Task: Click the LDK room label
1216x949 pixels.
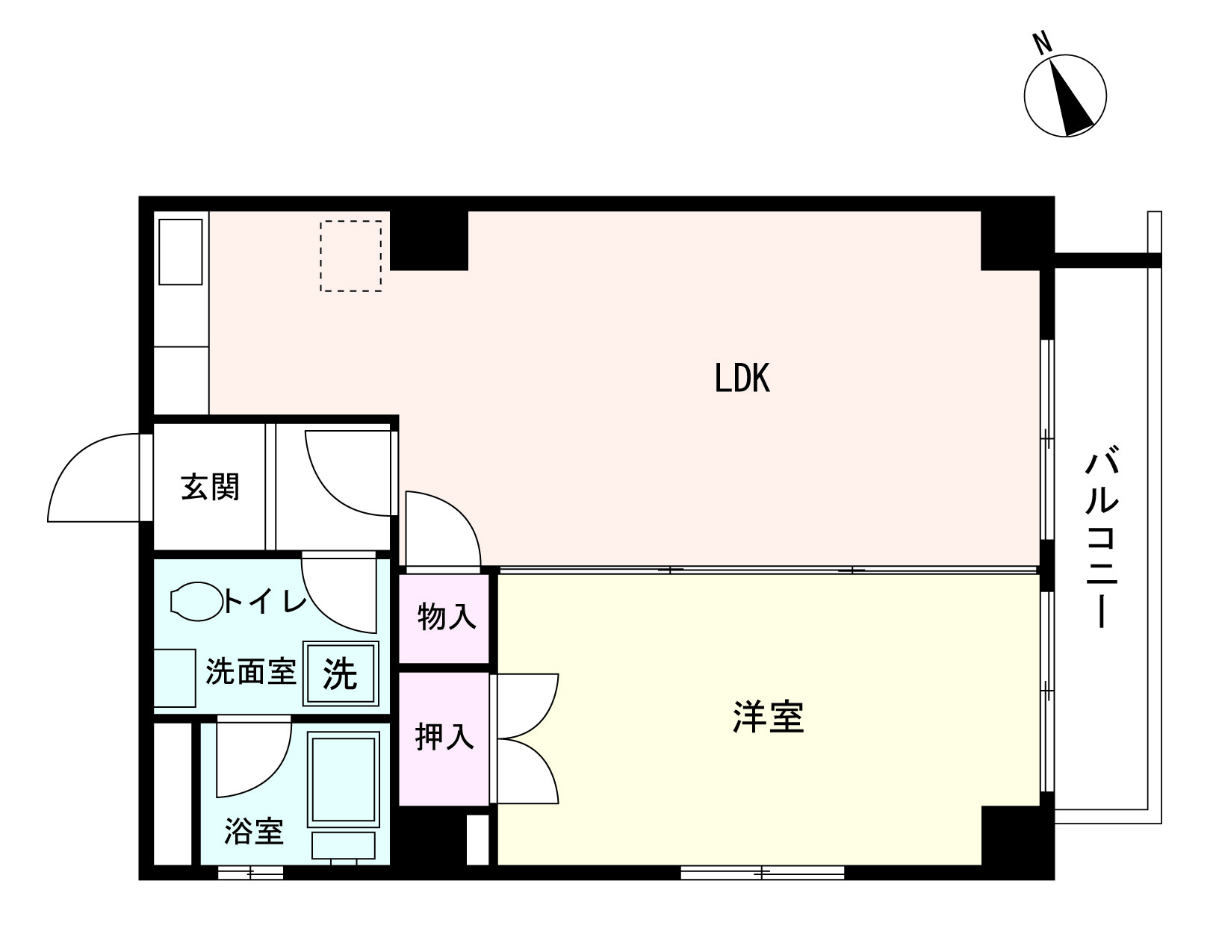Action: (742, 379)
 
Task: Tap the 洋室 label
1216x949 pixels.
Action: (769, 718)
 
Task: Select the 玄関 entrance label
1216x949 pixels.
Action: (210, 487)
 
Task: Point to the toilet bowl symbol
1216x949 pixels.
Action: (196, 601)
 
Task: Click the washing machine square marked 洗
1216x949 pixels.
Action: (341, 674)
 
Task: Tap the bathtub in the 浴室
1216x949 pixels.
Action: (344, 779)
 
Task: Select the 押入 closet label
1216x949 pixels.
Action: (444, 737)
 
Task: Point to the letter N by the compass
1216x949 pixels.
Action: (1041, 44)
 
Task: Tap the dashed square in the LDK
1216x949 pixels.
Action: (351, 256)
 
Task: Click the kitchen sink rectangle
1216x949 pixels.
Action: (180, 252)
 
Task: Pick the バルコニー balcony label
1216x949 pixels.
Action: (1101, 537)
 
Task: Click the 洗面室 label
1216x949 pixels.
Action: (251, 672)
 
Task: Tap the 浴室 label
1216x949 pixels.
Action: (254, 831)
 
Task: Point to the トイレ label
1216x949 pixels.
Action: (265, 601)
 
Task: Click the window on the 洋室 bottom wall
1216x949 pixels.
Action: (762, 872)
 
